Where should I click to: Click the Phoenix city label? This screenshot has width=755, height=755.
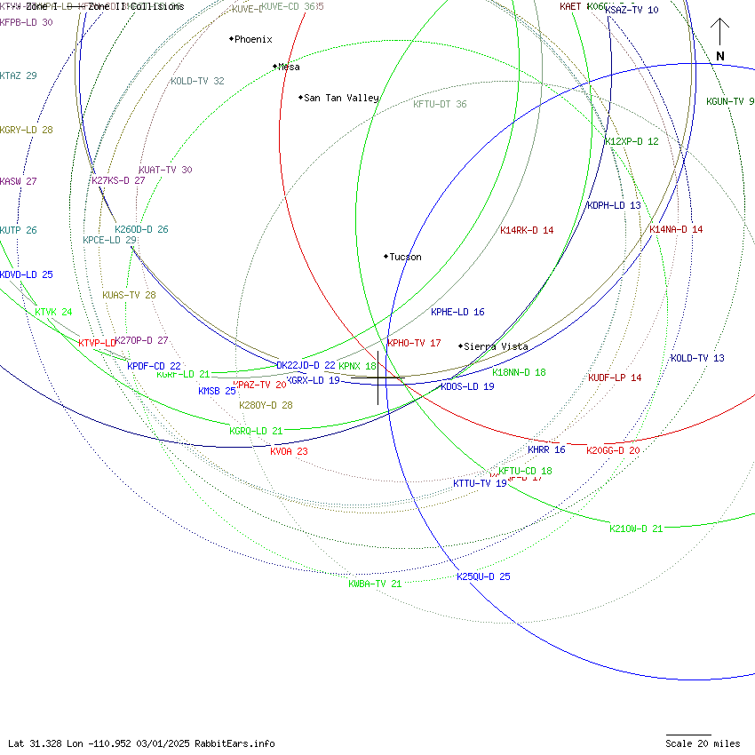[253, 39]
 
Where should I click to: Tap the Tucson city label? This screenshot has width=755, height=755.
[405, 257]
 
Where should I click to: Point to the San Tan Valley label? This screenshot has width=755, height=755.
[341, 98]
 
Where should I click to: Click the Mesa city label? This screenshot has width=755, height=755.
[289, 67]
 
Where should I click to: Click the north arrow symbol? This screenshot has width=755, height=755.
[720, 40]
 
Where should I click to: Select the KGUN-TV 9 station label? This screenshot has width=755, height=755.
[730, 101]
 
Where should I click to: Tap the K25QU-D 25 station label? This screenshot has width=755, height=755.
[483, 576]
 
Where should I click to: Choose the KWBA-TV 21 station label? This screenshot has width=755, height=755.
[375, 584]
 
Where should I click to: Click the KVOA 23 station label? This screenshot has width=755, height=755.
[289, 451]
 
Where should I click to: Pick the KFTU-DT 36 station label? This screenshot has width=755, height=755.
[440, 104]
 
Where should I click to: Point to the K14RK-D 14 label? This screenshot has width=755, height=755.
[527, 230]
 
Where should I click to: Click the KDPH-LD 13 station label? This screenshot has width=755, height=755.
[614, 205]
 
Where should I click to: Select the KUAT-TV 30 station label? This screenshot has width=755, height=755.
[165, 170]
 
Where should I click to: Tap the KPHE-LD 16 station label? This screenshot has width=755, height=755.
[457, 312]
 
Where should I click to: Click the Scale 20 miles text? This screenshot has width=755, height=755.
[703, 743]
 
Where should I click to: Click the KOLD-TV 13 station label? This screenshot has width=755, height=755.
[697, 358]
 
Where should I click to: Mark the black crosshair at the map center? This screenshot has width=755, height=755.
[378, 378]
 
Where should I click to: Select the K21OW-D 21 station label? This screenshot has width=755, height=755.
[636, 528]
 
